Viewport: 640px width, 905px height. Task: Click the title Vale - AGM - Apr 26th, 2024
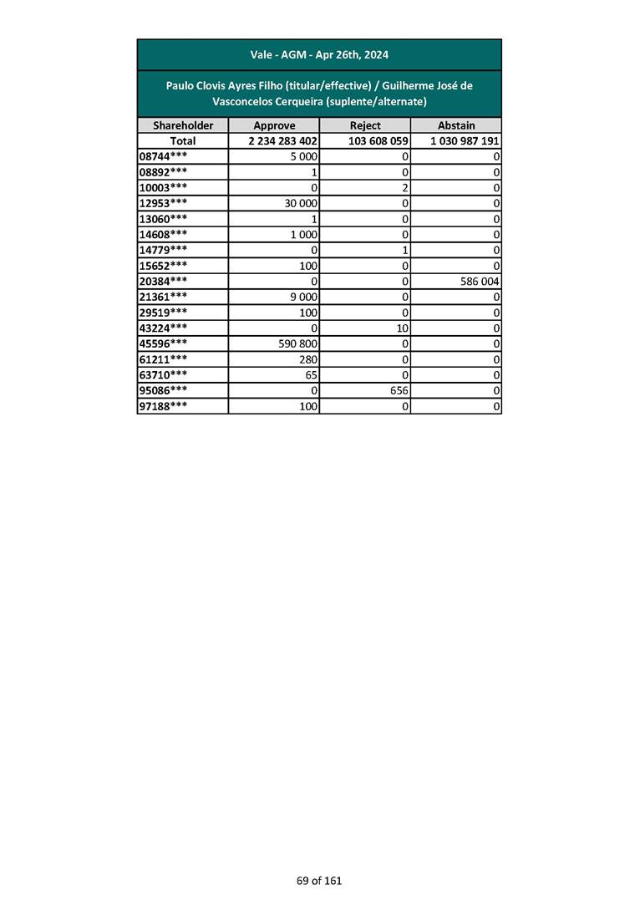point(319,55)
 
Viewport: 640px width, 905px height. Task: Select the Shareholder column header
point(183,125)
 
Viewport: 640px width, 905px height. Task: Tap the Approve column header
point(274,125)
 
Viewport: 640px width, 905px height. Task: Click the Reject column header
point(365,125)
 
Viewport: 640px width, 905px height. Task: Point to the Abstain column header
point(456,125)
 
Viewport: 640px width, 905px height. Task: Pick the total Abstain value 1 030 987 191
point(465,141)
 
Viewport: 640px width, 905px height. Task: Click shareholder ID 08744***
point(163,156)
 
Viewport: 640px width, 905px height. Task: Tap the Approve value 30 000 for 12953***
point(301,202)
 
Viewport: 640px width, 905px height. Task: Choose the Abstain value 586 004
point(480,282)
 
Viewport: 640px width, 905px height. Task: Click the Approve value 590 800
point(298,343)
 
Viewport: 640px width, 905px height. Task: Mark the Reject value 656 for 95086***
point(398,390)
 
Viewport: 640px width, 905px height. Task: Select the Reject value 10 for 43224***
point(401,328)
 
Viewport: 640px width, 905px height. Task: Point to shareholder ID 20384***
point(163,282)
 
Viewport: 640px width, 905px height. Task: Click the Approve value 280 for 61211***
point(308,359)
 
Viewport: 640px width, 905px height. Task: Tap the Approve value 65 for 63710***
point(311,375)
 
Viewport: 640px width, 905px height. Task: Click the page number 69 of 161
point(319,881)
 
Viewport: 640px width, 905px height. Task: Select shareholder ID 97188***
point(163,406)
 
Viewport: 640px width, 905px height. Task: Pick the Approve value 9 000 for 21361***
point(303,297)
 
